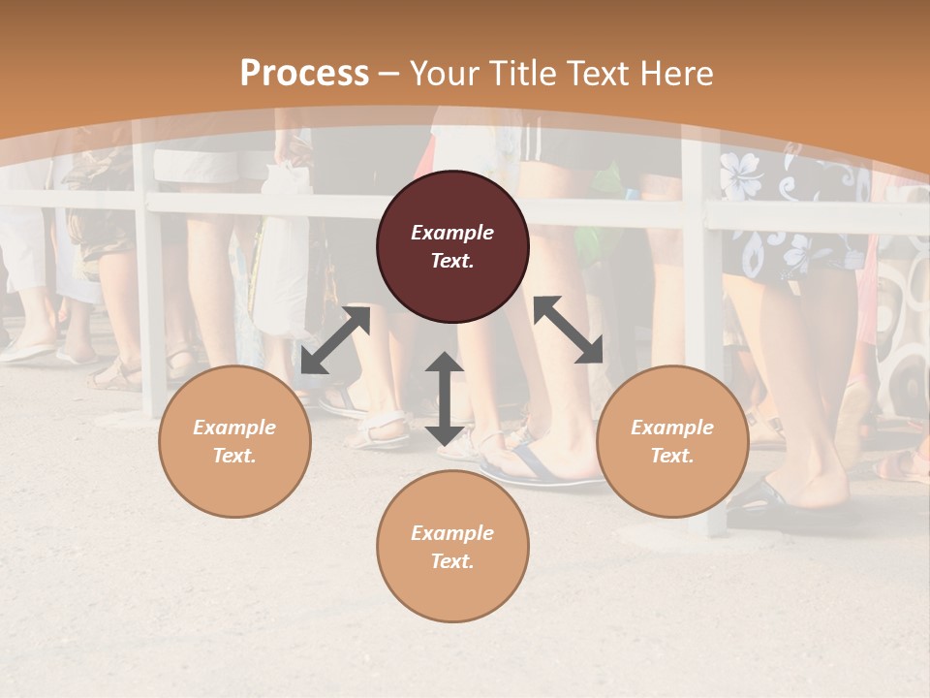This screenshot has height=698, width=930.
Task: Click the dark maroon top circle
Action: pyautogui.click(x=452, y=246)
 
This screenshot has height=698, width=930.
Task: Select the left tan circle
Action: pyautogui.click(x=234, y=441)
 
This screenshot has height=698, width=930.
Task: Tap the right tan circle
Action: pyautogui.click(x=672, y=441)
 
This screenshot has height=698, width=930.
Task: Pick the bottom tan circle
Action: pyautogui.click(x=452, y=546)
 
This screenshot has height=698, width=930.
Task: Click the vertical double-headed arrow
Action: pyautogui.click(x=445, y=398)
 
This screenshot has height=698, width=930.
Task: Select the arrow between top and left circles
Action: pyautogui.click(x=335, y=339)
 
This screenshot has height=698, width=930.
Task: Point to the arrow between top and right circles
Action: pyautogui.click(x=568, y=330)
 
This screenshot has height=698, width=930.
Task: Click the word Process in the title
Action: pyautogui.click(x=304, y=74)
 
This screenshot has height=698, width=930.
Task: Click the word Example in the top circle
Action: pyautogui.click(x=452, y=233)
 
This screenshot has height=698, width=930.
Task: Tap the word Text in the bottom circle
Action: pyautogui.click(x=452, y=561)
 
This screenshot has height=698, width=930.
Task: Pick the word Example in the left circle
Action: pyautogui.click(x=234, y=428)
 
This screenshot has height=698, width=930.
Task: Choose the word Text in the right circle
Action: pyautogui.click(x=672, y=456)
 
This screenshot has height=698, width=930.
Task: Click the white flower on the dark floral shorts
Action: pyautogui.click(x=741, y=174)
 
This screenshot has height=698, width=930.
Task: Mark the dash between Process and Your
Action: pyautogui.click(x=389, y=74)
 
